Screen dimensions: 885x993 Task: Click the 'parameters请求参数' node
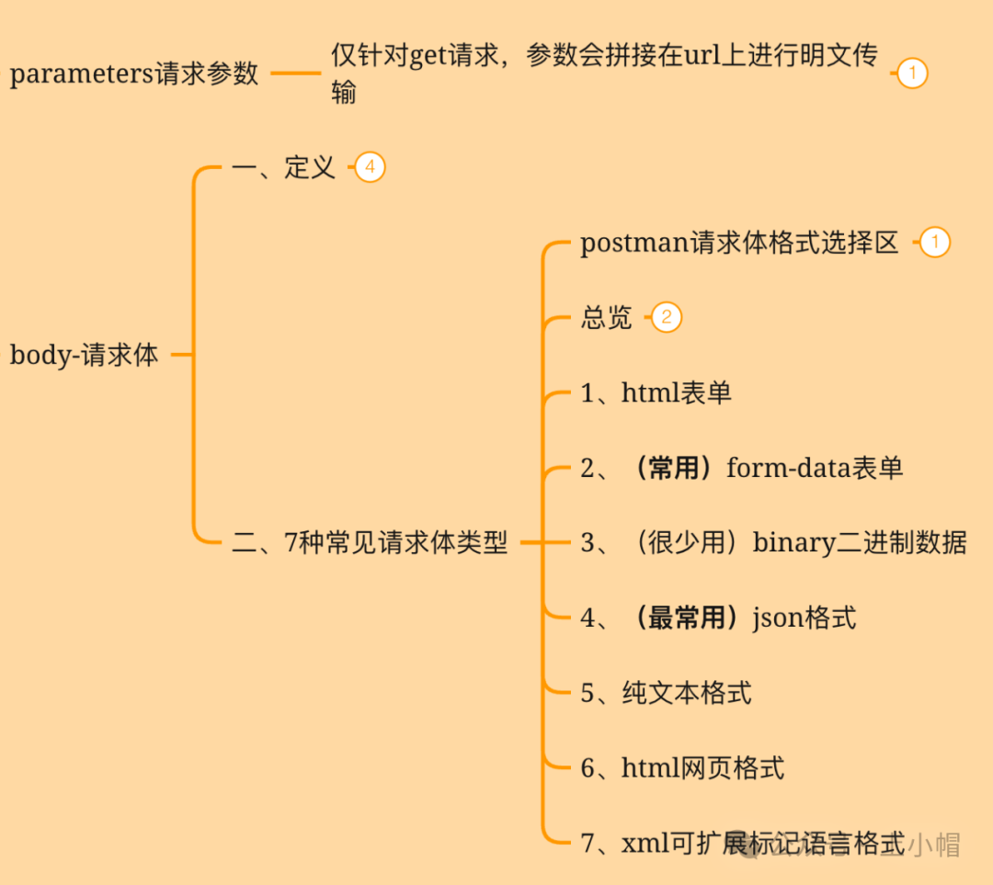(134, 74)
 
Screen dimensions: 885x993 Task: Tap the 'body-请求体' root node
(84, 355)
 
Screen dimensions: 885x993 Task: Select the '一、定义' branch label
(283, 167)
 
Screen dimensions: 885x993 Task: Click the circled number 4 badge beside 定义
(370, 167)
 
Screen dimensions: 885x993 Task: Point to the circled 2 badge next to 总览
(667, 318)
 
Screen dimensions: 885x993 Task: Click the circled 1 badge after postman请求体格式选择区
(934, 243)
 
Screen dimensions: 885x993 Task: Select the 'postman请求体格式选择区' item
(739, 243)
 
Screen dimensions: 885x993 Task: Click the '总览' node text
(607, 318)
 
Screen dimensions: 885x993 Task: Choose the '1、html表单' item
(656, 393)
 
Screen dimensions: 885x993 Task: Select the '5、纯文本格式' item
(666, 692)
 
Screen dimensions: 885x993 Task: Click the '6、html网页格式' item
(682, 767)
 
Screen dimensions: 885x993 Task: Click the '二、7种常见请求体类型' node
(370, 542)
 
